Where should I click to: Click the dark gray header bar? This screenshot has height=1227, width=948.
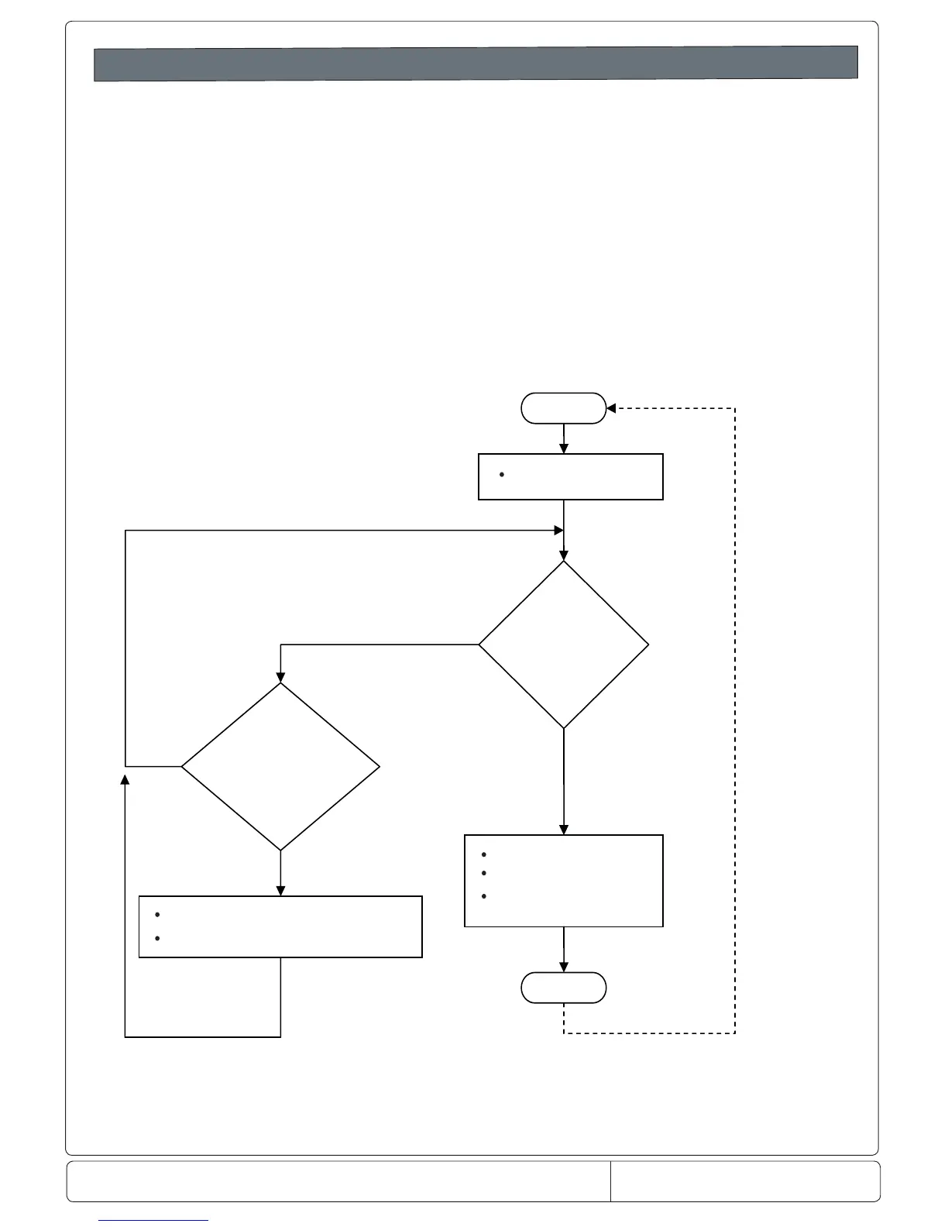476,64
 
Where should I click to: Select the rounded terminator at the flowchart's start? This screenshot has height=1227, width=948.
563,408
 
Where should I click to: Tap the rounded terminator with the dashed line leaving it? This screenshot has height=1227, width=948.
563,988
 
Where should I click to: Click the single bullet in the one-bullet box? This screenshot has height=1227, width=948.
502,474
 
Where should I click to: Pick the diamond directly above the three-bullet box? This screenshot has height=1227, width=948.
563,644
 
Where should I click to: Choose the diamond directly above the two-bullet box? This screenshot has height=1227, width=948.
280,767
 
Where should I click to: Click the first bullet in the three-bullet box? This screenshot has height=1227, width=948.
483,855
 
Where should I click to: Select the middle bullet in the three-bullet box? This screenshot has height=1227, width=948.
483,873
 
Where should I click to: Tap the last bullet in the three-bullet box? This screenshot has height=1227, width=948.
483,896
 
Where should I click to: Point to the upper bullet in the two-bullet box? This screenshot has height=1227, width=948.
157,915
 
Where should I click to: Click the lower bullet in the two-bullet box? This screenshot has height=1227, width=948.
157,938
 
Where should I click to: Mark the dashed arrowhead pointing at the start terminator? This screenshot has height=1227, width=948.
610,408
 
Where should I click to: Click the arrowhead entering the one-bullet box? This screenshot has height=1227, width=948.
563,449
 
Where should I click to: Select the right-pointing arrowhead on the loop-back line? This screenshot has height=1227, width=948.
558,530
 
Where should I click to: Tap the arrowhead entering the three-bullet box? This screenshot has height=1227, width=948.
563,830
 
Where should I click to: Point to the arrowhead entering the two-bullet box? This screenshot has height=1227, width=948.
280,891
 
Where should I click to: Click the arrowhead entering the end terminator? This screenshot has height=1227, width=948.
563,968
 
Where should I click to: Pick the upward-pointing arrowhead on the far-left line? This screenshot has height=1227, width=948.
125,778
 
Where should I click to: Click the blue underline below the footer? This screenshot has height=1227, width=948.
153,1221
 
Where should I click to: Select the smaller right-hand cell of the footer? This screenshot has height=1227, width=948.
745,1181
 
